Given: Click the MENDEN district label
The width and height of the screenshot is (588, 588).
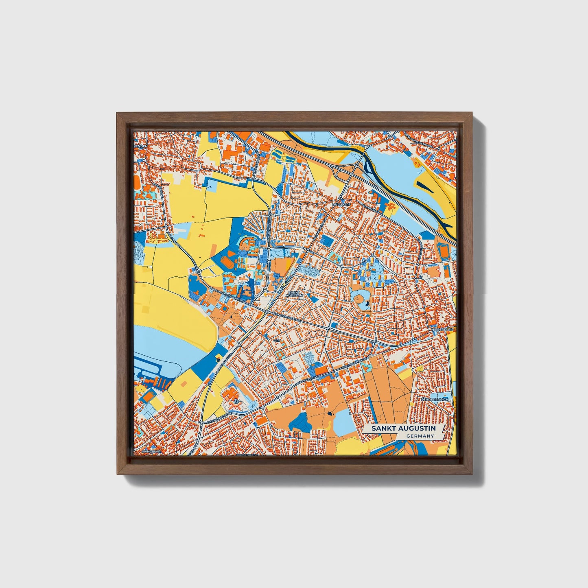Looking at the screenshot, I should pyautogui.click(x=141, y=145).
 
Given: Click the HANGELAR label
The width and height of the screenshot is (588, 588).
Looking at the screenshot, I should pyautogui.click(x=151, y=451).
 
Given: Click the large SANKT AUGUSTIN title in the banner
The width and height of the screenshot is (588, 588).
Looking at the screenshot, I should pyautogui.click(x=403, y=428).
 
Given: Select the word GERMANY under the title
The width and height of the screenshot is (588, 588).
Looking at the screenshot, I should pyautogui.click(x=420, y=436).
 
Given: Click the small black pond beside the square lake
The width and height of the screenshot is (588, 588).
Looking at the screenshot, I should pyautogui.click(x=329, y=414).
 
